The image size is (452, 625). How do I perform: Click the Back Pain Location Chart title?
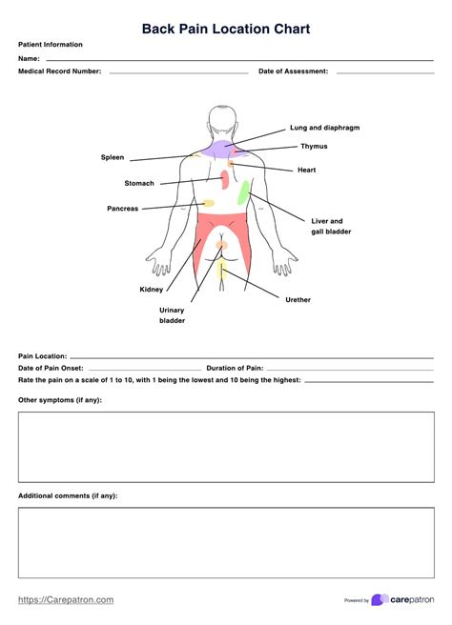click(x=226, y=29)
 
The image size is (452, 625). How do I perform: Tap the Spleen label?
click(x=113, y=157)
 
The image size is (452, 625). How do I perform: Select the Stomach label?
click(x=138, y=183)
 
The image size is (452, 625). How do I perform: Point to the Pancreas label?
click(x=122, y=208)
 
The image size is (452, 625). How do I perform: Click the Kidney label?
click(x=151, y=290)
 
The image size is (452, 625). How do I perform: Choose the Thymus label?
click(x=314, y=147)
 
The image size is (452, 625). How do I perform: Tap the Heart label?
click(x=307, y=171)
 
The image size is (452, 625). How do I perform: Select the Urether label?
click(x=298, y=300)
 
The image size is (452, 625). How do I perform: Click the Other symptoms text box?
click(x=226, y=447)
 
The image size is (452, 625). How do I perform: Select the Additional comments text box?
click(x=226, y=542)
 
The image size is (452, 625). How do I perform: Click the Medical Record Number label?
click(x=59, y=71)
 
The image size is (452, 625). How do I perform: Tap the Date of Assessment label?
click(x=293, y=71)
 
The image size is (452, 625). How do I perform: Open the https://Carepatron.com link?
click(x=66, y=599)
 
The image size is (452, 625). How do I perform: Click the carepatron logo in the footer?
click(x=401, y=599)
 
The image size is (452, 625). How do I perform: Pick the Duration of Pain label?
click(x=235, y=367)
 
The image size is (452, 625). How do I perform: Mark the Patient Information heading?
click(x=50, y=45)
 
